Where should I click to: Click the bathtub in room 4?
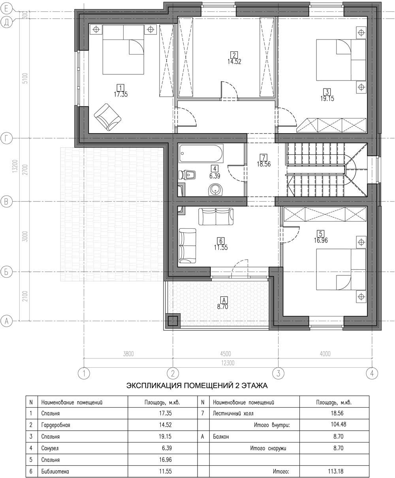[x=201, y=153]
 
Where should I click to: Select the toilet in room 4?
[x=188, y=175]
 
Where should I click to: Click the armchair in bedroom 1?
[x=107, y=117]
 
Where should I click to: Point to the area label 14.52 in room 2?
[x=234, y=62]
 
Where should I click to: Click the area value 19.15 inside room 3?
[x=327, y=99]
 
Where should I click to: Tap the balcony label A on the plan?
[x=224, y=300]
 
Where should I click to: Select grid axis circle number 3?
[x=278, y=373]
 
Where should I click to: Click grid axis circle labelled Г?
[x=6, y=139]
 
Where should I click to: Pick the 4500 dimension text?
[x=226, y=354]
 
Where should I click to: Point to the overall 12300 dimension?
[x=228, y=363]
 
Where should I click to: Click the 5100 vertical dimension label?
[x=25, y=78]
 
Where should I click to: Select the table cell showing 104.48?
[x=339, y=424]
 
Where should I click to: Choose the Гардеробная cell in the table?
[x=56, y=425]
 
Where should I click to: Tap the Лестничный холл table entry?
[x=233, y=414]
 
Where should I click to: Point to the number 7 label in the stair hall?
[x=263, y=158]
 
